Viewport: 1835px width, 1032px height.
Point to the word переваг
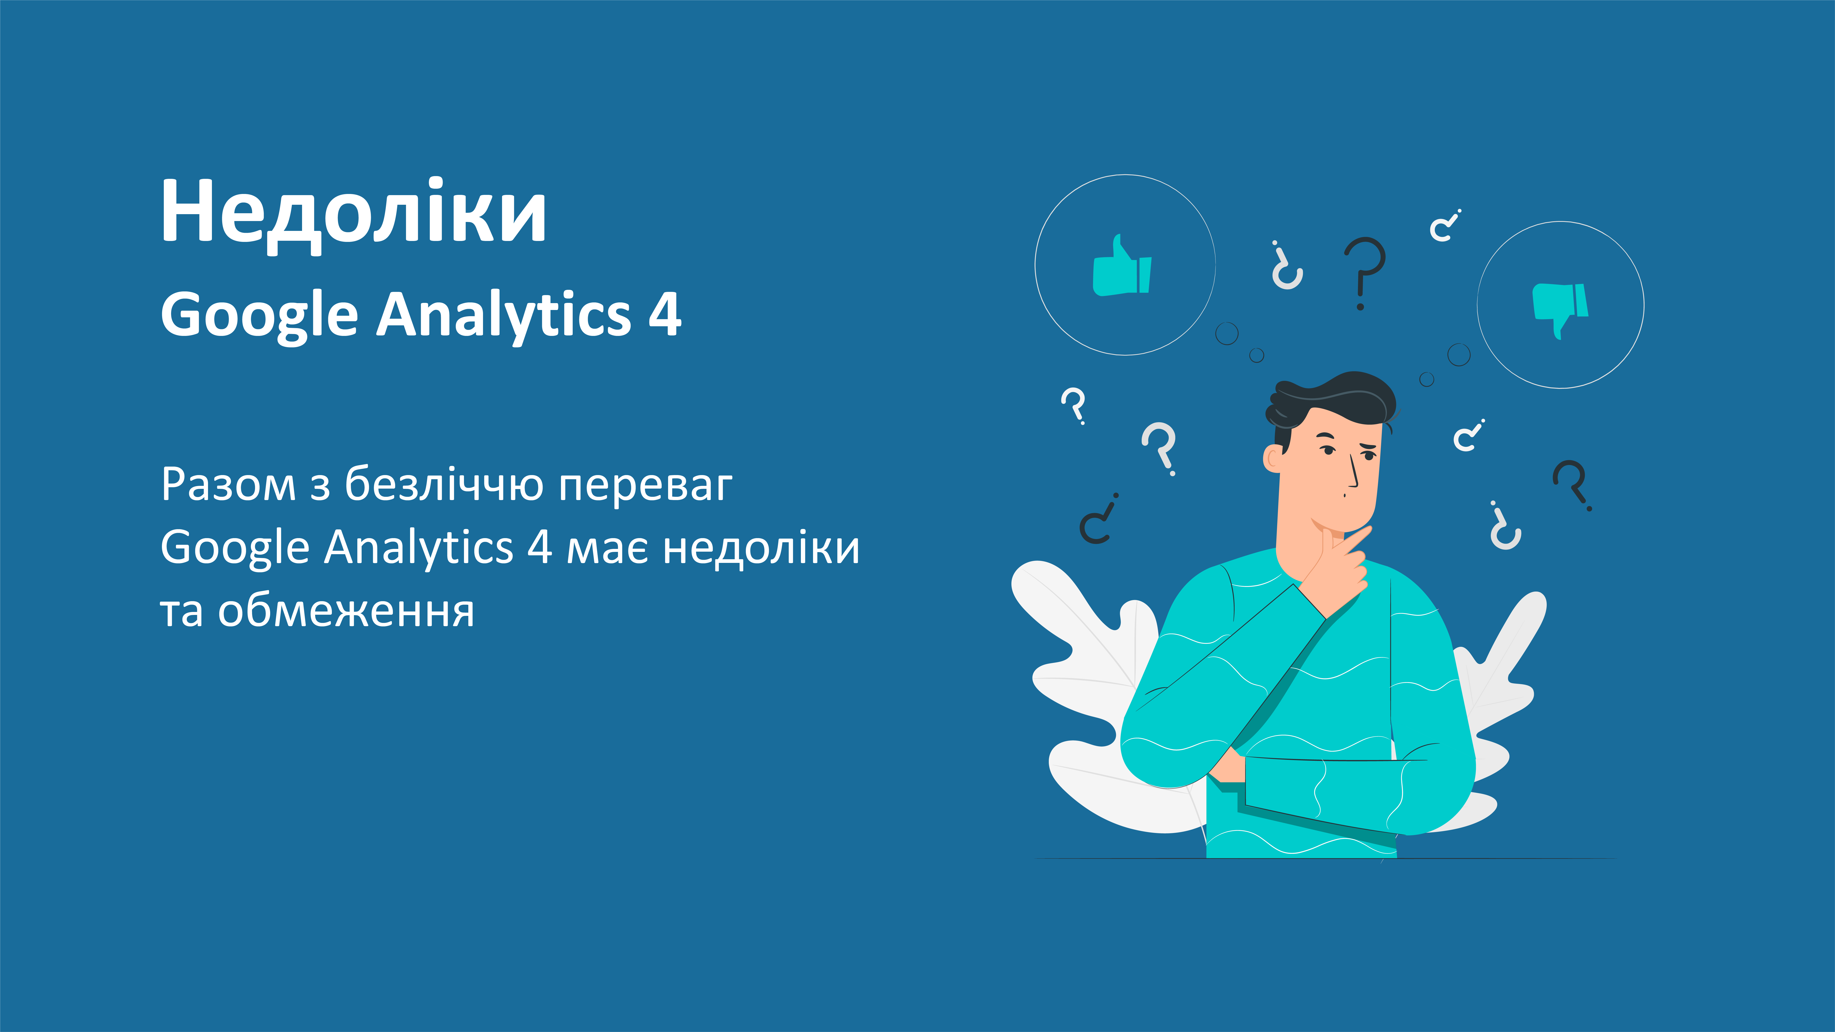[x=645, y=486]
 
